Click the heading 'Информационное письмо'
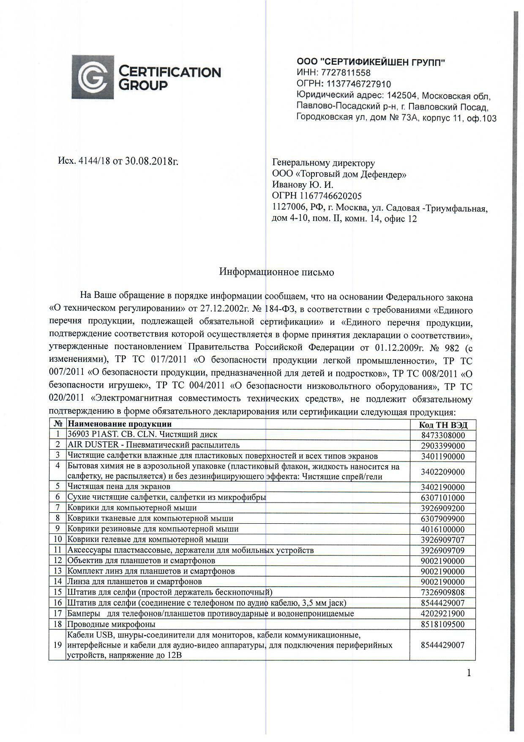[276, 272]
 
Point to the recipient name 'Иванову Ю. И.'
[303, 185]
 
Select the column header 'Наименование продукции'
[120, 424]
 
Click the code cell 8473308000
[442, 435]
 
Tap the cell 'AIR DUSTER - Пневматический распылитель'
[153, 445]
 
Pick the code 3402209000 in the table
[442, 472]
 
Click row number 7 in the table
[57, 508]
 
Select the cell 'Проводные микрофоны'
[111, 624]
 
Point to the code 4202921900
[442, 613]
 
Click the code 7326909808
[442, 593]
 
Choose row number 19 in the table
[57, 645]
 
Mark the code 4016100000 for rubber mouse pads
[442, 529]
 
